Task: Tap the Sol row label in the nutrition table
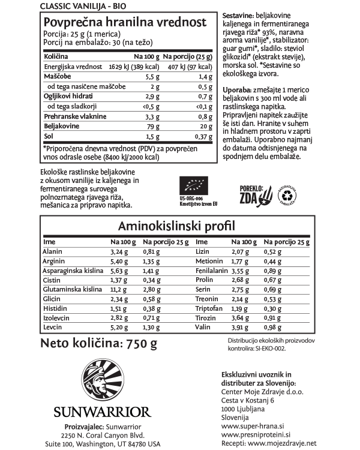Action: [49, 137]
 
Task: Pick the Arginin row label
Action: [54, 262]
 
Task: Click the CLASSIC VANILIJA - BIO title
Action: [75, 5]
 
